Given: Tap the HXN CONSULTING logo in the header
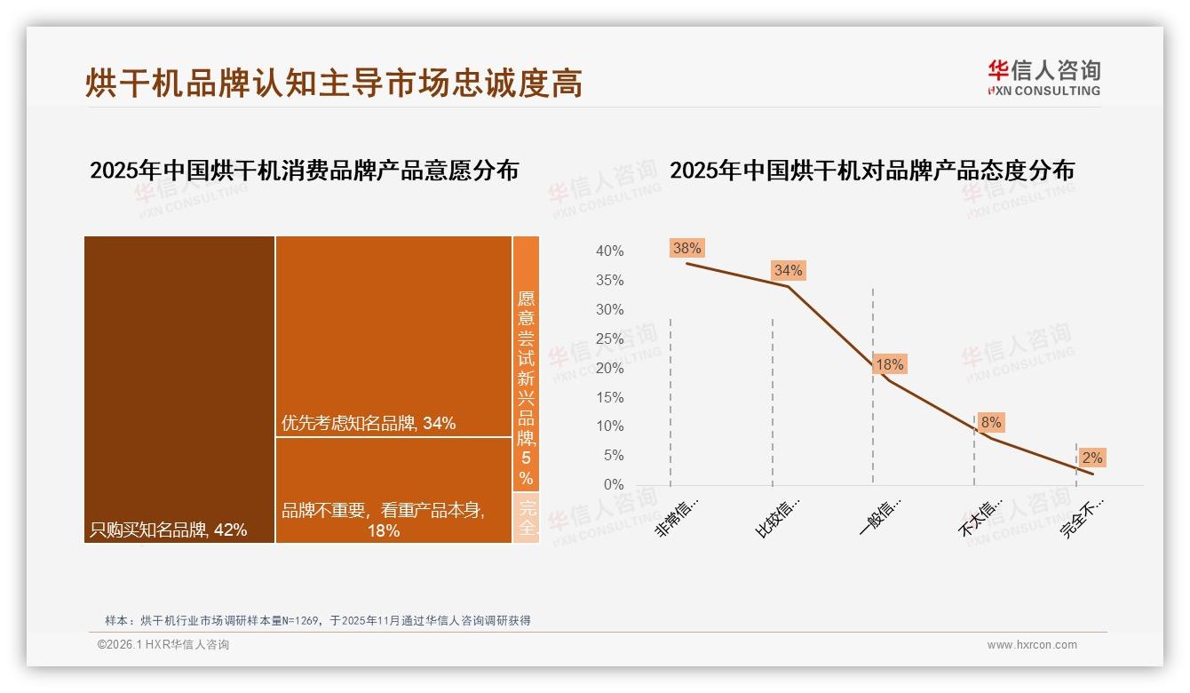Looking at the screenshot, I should point(1043,77).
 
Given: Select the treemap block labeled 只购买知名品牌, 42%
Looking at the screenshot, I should point(179,389).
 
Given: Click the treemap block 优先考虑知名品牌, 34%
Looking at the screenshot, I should point(393,336).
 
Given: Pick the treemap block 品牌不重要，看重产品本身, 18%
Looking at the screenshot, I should point(393,490).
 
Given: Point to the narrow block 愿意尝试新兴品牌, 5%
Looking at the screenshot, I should point(526,362).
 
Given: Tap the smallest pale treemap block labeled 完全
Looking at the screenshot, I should point(526,517).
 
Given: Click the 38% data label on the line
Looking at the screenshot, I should point(687,249).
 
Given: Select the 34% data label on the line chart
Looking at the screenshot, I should point(788,270).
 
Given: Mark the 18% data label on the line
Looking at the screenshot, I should point(889,364).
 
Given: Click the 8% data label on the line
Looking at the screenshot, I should point(991,423).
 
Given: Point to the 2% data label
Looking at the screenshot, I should point(1091,458).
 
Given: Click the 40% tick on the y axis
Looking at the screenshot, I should point(609,251).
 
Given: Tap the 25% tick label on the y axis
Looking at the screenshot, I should point(609,339).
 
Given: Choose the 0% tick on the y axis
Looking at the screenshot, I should point(613,484).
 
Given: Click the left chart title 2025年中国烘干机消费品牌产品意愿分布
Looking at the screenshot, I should point(304,171).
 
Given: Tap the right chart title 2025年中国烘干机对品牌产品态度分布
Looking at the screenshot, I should point(871,171).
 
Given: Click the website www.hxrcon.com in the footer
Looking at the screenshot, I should point(1032,645).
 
